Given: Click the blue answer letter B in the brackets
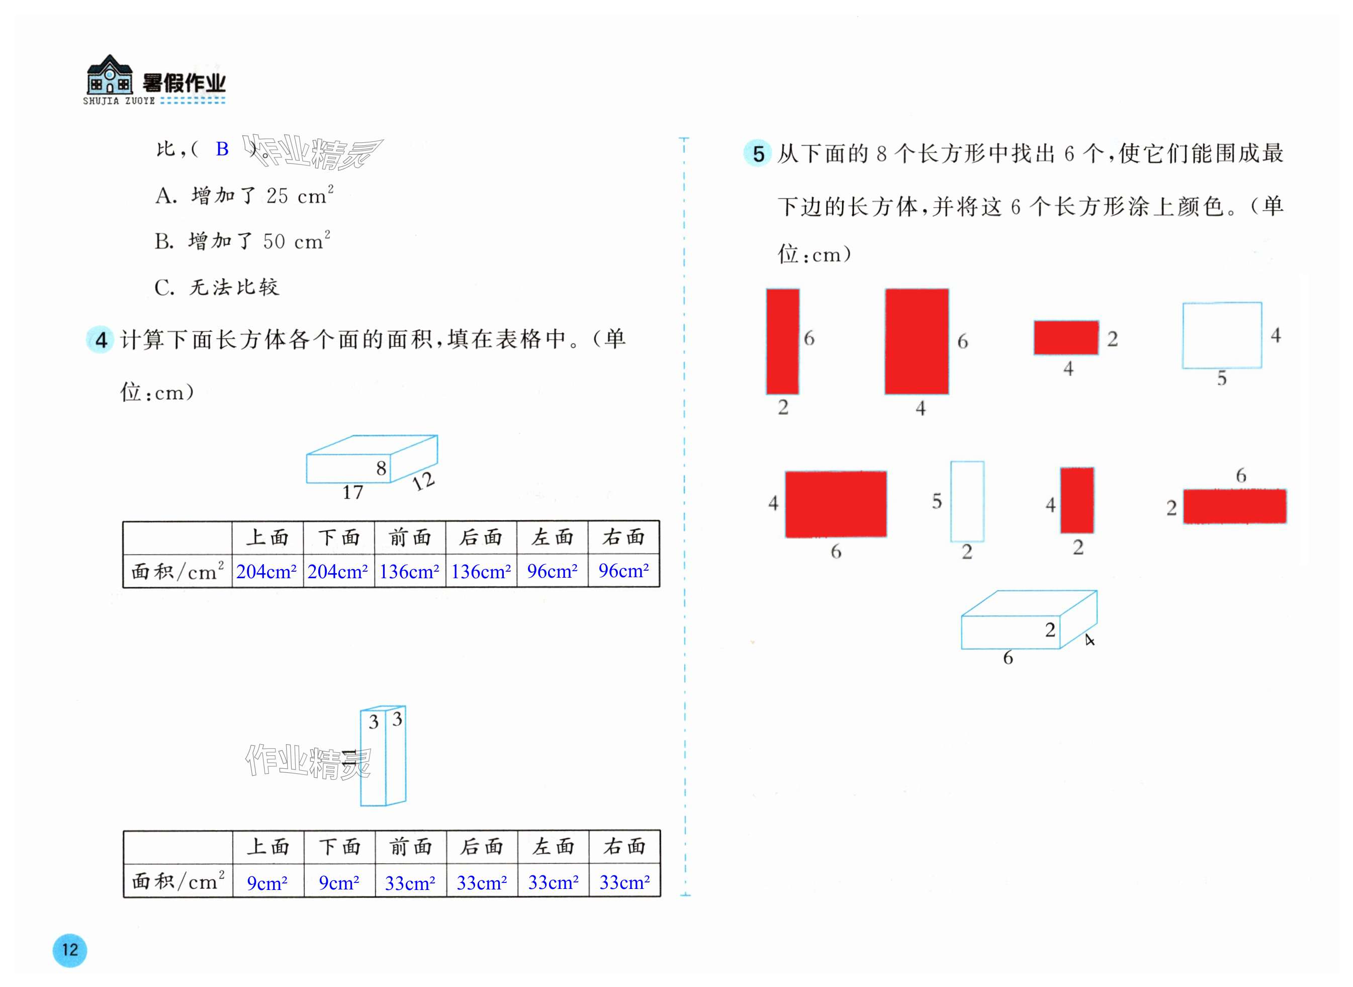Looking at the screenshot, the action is click(222, 149).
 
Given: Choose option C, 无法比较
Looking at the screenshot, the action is click(216, 288).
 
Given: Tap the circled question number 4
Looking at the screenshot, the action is click(101, 340).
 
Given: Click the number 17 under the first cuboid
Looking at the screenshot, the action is click(352, 492).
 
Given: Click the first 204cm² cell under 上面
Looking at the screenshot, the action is click(266, 572).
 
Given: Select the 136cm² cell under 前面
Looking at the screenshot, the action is click(410, 572).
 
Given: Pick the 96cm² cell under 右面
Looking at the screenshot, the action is click(623, 571).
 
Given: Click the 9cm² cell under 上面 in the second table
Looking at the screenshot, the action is click(267, 882).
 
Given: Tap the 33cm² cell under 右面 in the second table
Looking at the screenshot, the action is click(624, 882).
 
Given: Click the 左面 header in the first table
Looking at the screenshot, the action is click(553, 537).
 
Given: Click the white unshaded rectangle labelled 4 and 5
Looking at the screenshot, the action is click(1222, 335).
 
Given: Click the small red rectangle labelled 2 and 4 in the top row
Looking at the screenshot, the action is click(1066, 337).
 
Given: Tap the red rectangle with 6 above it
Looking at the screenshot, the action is click(1235, 506).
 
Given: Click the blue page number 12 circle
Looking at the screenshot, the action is click(70, 950).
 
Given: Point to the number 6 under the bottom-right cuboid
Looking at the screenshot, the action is click(1008, 658).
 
